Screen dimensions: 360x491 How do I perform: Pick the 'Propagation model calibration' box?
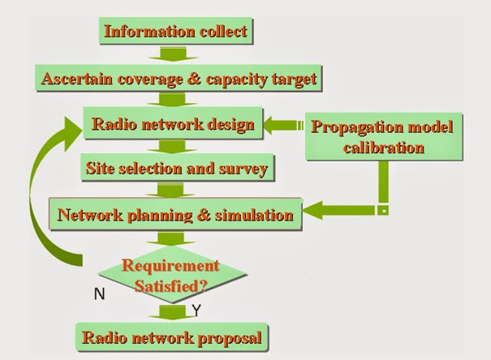pyautogui.click(x=382, y=137)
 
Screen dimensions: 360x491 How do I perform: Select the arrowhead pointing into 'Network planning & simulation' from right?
pyautogui.click(x=312, y=215)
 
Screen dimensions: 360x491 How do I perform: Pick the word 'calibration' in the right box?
pyautogui.click(x=381, y=148)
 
